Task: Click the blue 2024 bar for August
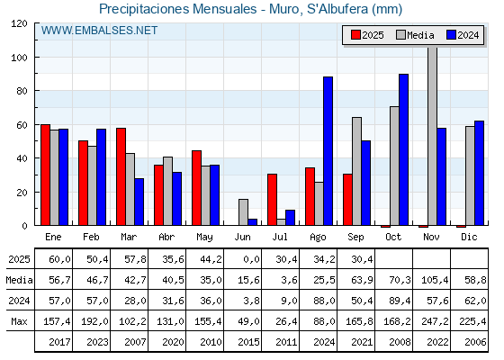click(328, 151)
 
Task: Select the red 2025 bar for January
click(45, 175)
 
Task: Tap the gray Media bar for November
click(432, 136)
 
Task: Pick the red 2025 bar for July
click(272, 200)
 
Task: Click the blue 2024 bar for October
click(404, 149)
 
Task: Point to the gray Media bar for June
click(243, 212)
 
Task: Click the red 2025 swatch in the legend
click(355, 35)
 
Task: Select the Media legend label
click(420, 35)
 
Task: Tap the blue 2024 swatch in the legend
click(451, 35)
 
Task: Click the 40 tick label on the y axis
click(22, 158)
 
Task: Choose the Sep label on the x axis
click(355, 238)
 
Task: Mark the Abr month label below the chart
click(166, 238)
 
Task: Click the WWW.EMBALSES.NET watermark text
click(99, 31)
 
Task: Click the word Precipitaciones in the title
click(144, 9)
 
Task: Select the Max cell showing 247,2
click(435, 321)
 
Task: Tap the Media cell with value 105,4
click(435, 280)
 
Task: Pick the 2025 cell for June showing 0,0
click(251, 259)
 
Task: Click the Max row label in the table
click(19, 321)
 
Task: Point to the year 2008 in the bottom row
click(400, 342)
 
